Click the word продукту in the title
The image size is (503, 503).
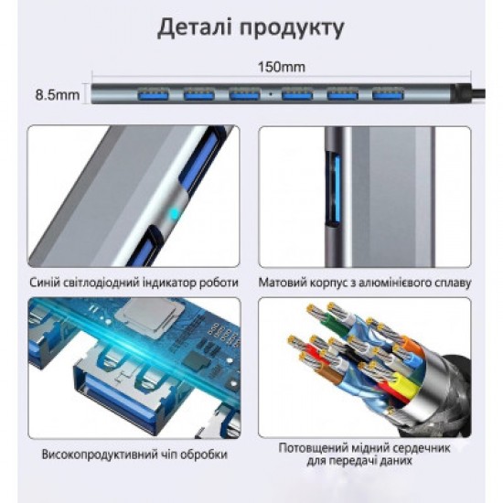click(x=292, y=29)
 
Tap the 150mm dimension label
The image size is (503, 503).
click(x=282, y=67)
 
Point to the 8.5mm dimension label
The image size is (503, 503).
click(x=57, y=95)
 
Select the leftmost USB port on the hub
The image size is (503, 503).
click(x=154, y=94)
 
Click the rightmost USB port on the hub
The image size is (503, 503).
click(x=388, y=94)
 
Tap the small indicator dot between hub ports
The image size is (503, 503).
click(x=271, y=94)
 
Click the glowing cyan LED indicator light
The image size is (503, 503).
click(x=174, y=212)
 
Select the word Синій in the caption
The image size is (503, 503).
click(x=44, y=283)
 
